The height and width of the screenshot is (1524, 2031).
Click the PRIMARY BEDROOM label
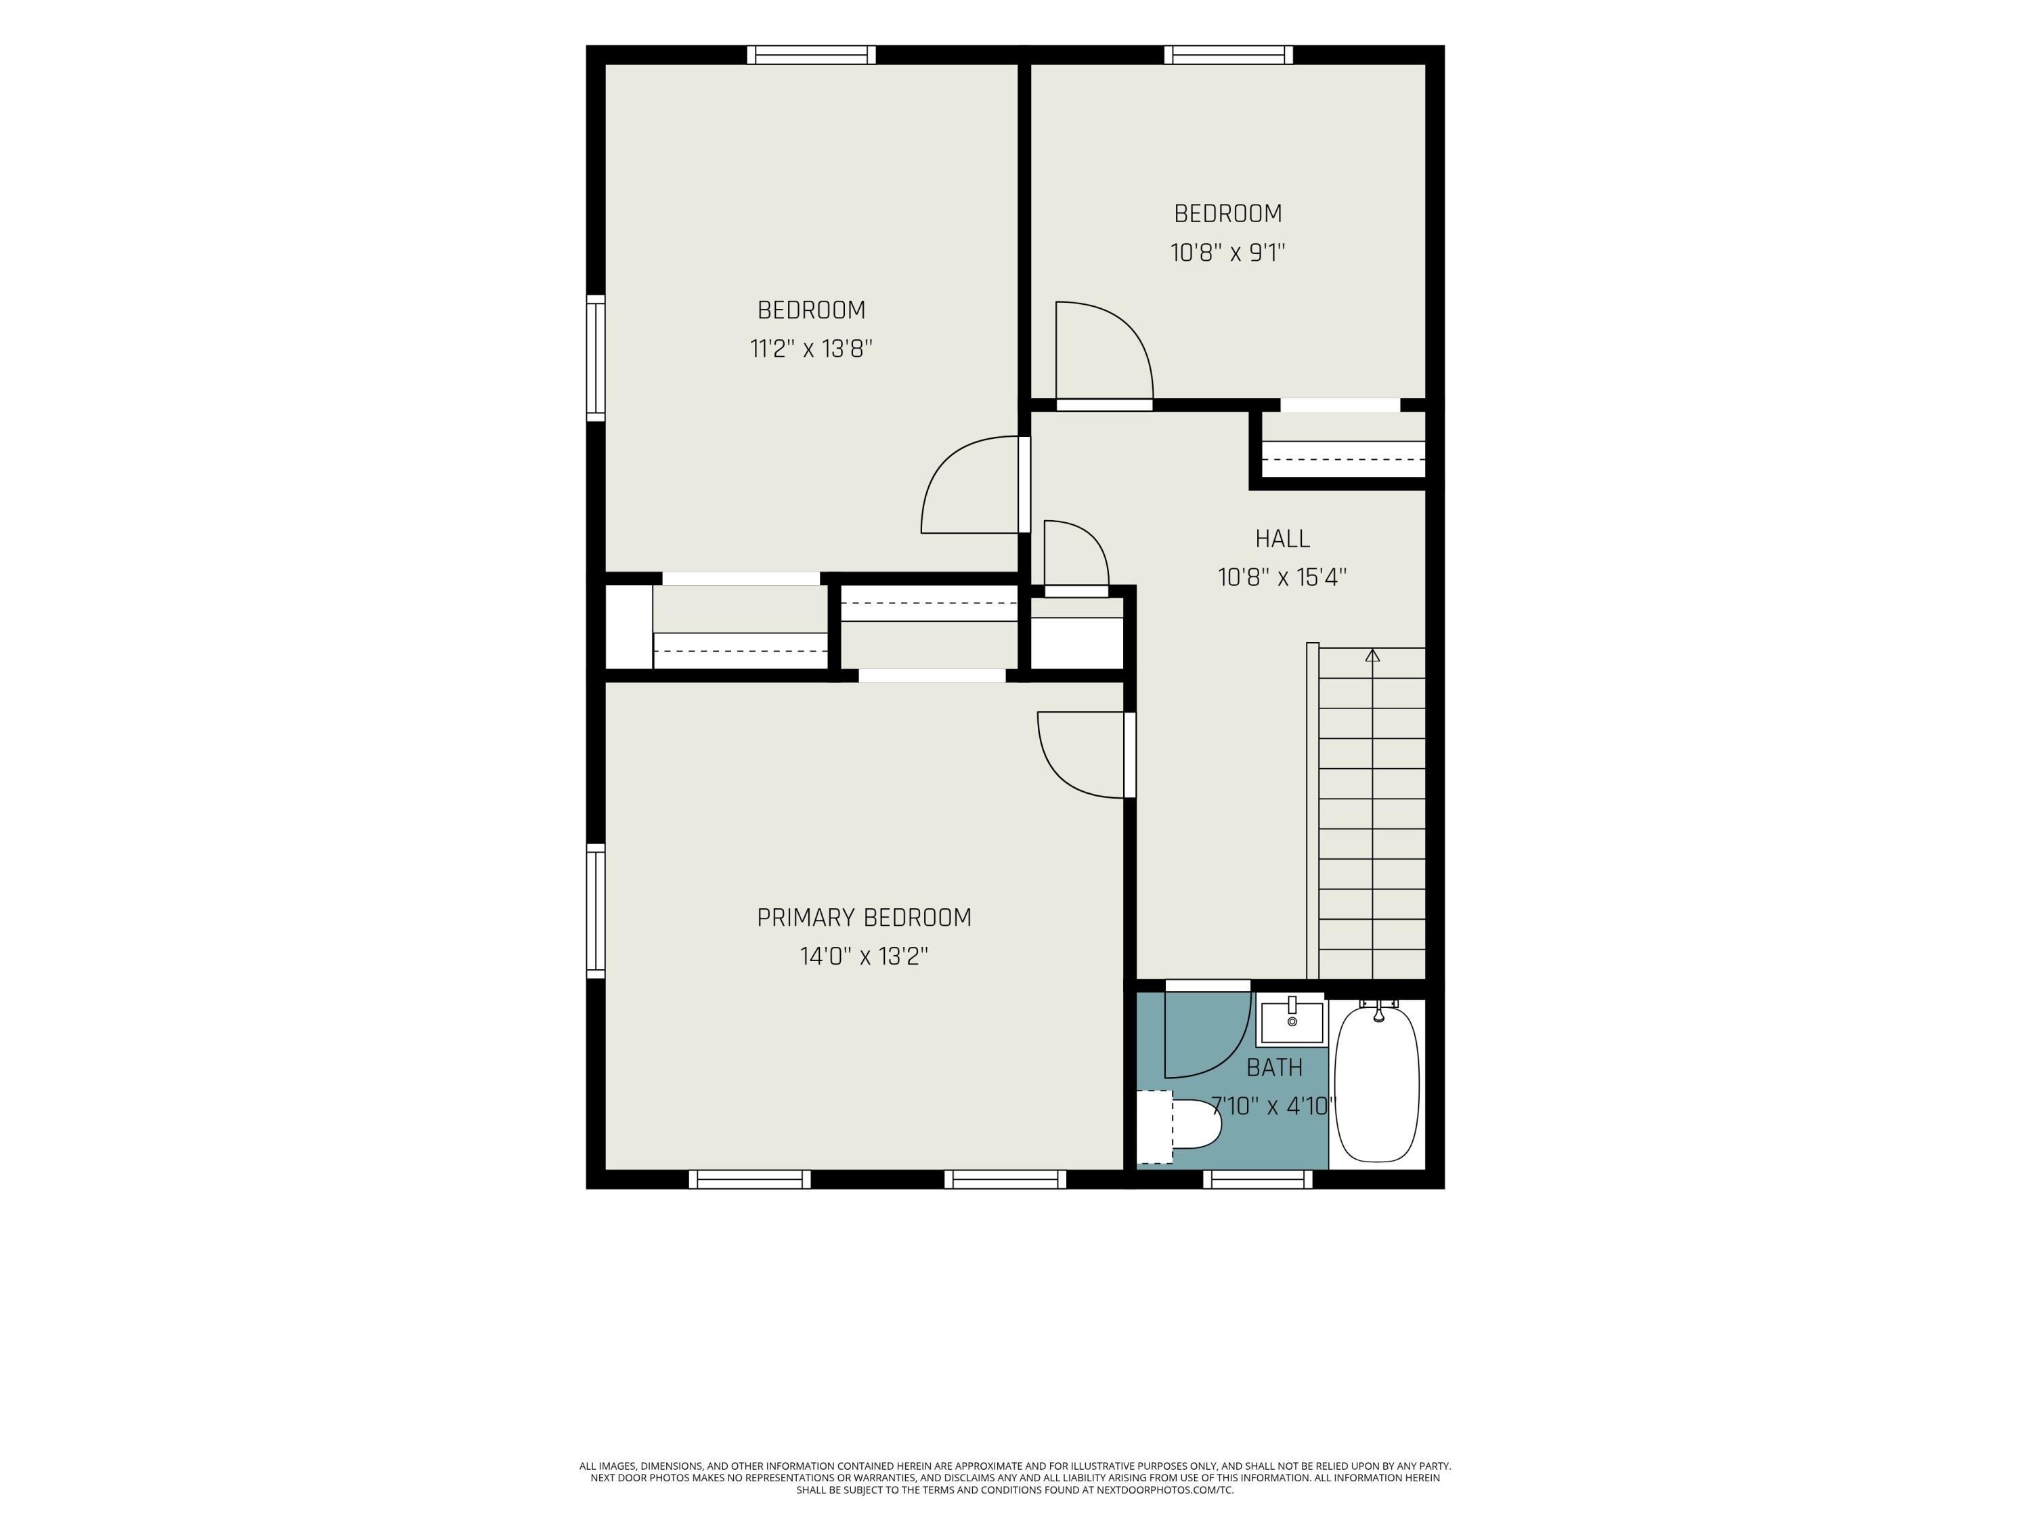(x=864, y=918)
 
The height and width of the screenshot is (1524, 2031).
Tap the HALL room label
(x=1283, y=538)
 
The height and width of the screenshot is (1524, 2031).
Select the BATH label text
(x=1274, y=1067)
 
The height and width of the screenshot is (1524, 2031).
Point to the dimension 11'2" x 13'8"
(x=811, y=349)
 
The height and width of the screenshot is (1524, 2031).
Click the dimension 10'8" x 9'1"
(x=1227, y=253)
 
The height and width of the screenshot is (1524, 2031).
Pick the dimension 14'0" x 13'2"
(x=864, y=956)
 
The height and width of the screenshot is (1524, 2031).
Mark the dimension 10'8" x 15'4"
(x=1283, y=577)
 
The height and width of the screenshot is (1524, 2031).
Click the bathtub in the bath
(x=1377, y=1084)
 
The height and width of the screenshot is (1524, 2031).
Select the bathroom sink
(x=1292, y=1021)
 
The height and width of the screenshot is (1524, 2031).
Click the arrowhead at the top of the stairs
(x=1373, y=655)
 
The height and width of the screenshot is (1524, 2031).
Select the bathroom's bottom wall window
(x=1258, y=1179)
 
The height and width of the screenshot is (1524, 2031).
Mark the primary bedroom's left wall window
(x=596, y=910)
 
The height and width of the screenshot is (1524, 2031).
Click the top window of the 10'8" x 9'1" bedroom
(x=1229, y=55)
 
